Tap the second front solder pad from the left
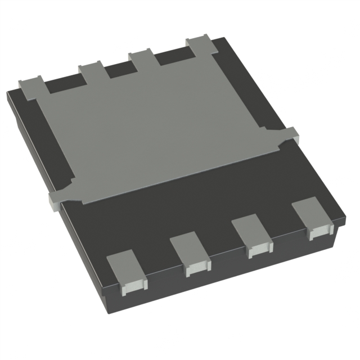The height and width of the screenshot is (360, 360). [x=189, y=253]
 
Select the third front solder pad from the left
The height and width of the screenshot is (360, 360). [x=251, y=234]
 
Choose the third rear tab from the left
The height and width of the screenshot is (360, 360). [x=142, y=57]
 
